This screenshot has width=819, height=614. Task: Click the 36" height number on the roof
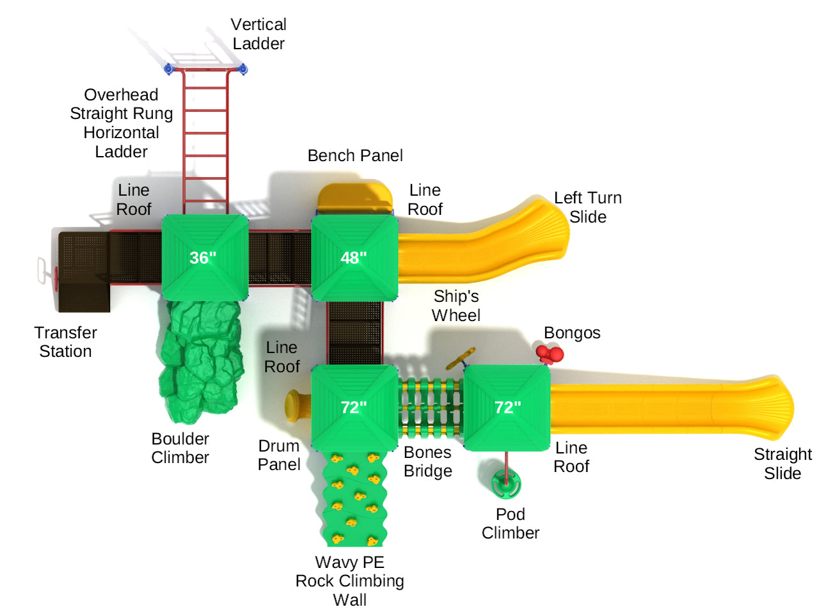coord(203,258)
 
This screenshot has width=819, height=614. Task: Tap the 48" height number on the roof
coord(354,258)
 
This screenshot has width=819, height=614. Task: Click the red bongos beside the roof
coord(550,354)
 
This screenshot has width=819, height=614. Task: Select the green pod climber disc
coord(506,484)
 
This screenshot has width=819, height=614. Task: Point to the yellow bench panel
coord(355,198)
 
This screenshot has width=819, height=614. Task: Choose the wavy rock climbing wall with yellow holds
coord(354,498)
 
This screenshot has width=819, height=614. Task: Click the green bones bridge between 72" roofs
coord(430,407)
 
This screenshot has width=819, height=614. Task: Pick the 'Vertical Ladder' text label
coord(258,34)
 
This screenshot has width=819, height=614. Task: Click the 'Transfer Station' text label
coord(65,342)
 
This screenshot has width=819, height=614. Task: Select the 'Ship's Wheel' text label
coord(456,306)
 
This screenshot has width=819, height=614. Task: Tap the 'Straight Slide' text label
coord(783,464)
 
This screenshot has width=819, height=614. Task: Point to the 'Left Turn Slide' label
coord(587,207)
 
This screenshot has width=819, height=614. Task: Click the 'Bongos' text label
coord(572,333)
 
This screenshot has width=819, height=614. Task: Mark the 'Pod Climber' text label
coord(510,524)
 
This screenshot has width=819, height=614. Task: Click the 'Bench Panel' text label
coord(355,155)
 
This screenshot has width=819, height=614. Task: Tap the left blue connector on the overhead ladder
coord(169,68)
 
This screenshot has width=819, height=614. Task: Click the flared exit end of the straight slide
coord(777,408)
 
